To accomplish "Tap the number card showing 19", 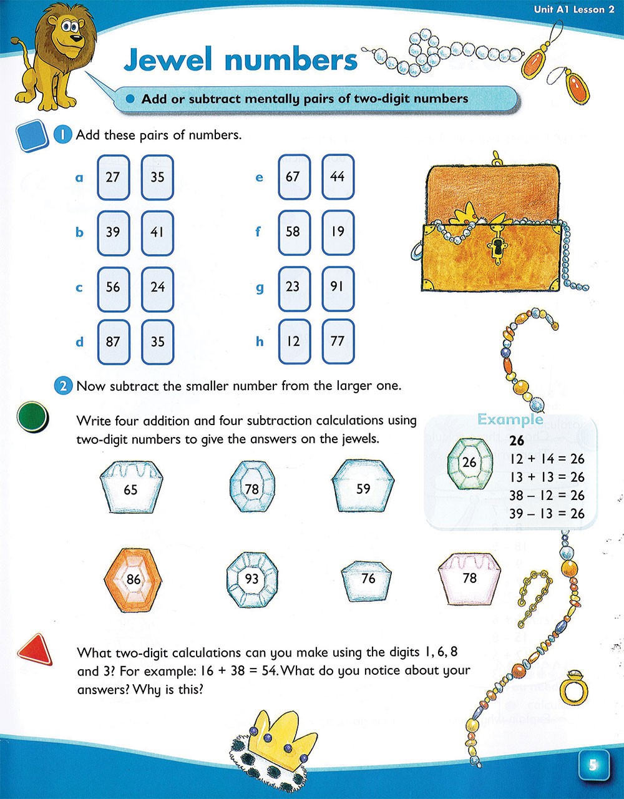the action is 338,233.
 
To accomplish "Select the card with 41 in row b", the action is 157,233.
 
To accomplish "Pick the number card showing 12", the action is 295,341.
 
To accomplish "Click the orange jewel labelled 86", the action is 133,580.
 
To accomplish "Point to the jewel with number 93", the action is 252,579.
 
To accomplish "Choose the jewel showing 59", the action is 363,486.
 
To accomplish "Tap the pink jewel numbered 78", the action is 469,579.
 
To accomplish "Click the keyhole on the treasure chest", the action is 497,249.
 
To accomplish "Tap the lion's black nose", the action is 76,38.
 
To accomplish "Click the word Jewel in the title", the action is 168,59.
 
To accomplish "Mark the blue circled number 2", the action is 63,386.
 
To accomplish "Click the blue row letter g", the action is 260,288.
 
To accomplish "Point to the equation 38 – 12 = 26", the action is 547,496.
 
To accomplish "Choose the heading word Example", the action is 510,420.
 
